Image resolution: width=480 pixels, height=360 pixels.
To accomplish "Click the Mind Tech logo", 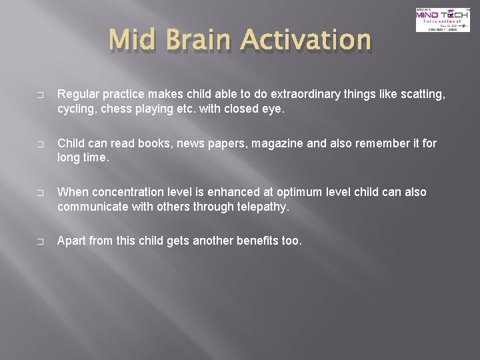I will point(433,19).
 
